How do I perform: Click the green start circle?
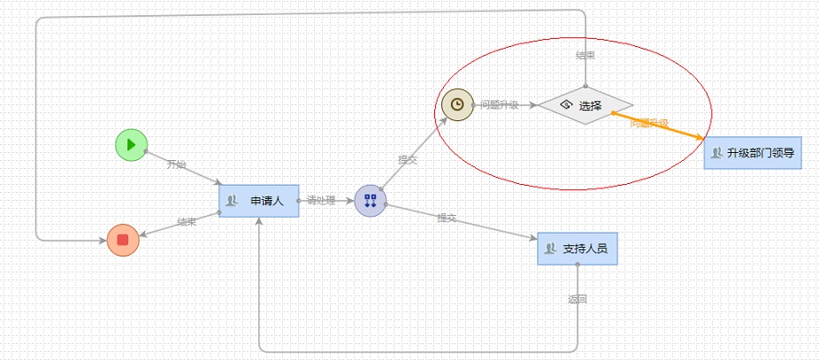pos(131,144)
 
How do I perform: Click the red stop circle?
pos(123,240)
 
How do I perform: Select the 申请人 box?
pos(259,201)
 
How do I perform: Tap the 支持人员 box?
pos(577,249)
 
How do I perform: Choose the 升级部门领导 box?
pos(753,153)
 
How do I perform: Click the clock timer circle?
pos(457,104)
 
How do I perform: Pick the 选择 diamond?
pos(586,105)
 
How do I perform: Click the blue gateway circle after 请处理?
pos(371,201)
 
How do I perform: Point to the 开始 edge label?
pos(177,165)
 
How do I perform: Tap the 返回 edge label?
pos(577,299)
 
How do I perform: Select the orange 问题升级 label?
pos(648,123)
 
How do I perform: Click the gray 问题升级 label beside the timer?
pos(500,105)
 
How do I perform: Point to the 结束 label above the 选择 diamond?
pos(586,56)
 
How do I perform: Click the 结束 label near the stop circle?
pos(186,222)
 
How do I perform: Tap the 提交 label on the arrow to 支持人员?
pos(447,218)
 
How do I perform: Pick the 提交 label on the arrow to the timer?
pos(408,160)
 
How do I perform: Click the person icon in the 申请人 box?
pos(232,201)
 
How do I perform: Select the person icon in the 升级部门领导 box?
pos(716,153)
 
